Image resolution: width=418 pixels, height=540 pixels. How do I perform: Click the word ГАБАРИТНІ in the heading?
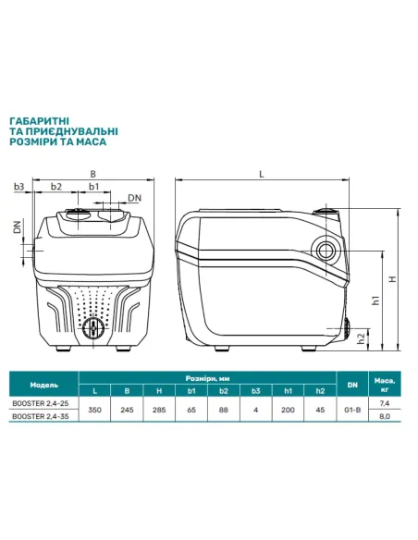coord(39,121)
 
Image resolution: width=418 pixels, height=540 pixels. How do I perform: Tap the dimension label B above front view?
coord(92,174)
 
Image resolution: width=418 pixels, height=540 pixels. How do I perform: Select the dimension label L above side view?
coord(262,174)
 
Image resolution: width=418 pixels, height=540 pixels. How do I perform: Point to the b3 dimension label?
coord(19,186)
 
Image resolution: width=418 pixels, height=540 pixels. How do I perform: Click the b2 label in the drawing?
coord(56,186)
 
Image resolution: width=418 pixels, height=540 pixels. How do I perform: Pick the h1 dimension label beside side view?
coord(375,300)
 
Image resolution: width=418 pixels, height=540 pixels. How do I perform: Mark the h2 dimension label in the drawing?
coord(361,338)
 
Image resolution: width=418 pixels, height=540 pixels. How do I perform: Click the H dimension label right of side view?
coord(392,279)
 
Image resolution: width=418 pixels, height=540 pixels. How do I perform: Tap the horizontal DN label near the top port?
coord(135,198)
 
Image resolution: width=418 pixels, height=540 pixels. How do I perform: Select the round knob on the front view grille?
coord(93,328)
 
